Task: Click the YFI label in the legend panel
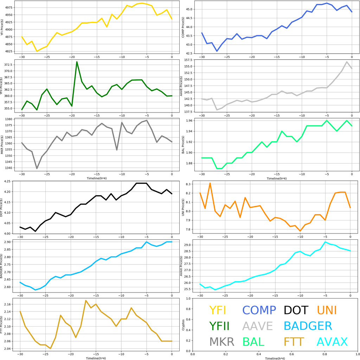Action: (x=217, y=310)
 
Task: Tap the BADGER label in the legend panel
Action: (x=308, y=326)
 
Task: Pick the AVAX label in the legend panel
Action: (x=332, y=342)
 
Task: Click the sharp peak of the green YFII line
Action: (x=77, y=62)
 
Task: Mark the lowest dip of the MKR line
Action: (x=37, y=169)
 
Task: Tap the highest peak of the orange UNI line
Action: (x=210, y=183)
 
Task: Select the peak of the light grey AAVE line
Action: (x=347, y=62)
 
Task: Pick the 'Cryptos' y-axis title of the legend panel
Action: (x=183, y=325)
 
